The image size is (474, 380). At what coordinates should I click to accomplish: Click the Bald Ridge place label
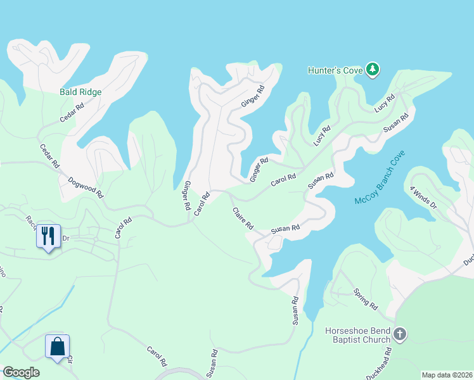pos(80,92)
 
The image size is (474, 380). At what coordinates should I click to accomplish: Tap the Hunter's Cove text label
pos(335,70)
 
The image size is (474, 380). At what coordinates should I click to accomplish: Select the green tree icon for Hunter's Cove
pos(374,69)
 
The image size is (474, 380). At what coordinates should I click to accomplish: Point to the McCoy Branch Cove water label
pos(380,180)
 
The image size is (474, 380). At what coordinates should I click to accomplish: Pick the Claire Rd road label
pos(243,218)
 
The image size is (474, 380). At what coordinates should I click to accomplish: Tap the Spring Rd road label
pos(366,301)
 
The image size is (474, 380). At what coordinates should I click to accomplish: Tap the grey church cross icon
pos(400,333)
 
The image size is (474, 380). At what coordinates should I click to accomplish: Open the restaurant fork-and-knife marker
pos(48,236)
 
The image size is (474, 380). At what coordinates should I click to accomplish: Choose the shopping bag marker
pos(56,346)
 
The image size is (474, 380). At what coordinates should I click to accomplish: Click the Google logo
pos(22,372)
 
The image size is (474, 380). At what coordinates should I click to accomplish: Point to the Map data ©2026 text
pos(446,375)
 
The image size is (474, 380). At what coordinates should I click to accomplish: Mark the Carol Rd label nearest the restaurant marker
pos(123,228)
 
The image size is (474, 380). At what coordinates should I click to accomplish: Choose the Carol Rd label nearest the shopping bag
pos(157,357)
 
